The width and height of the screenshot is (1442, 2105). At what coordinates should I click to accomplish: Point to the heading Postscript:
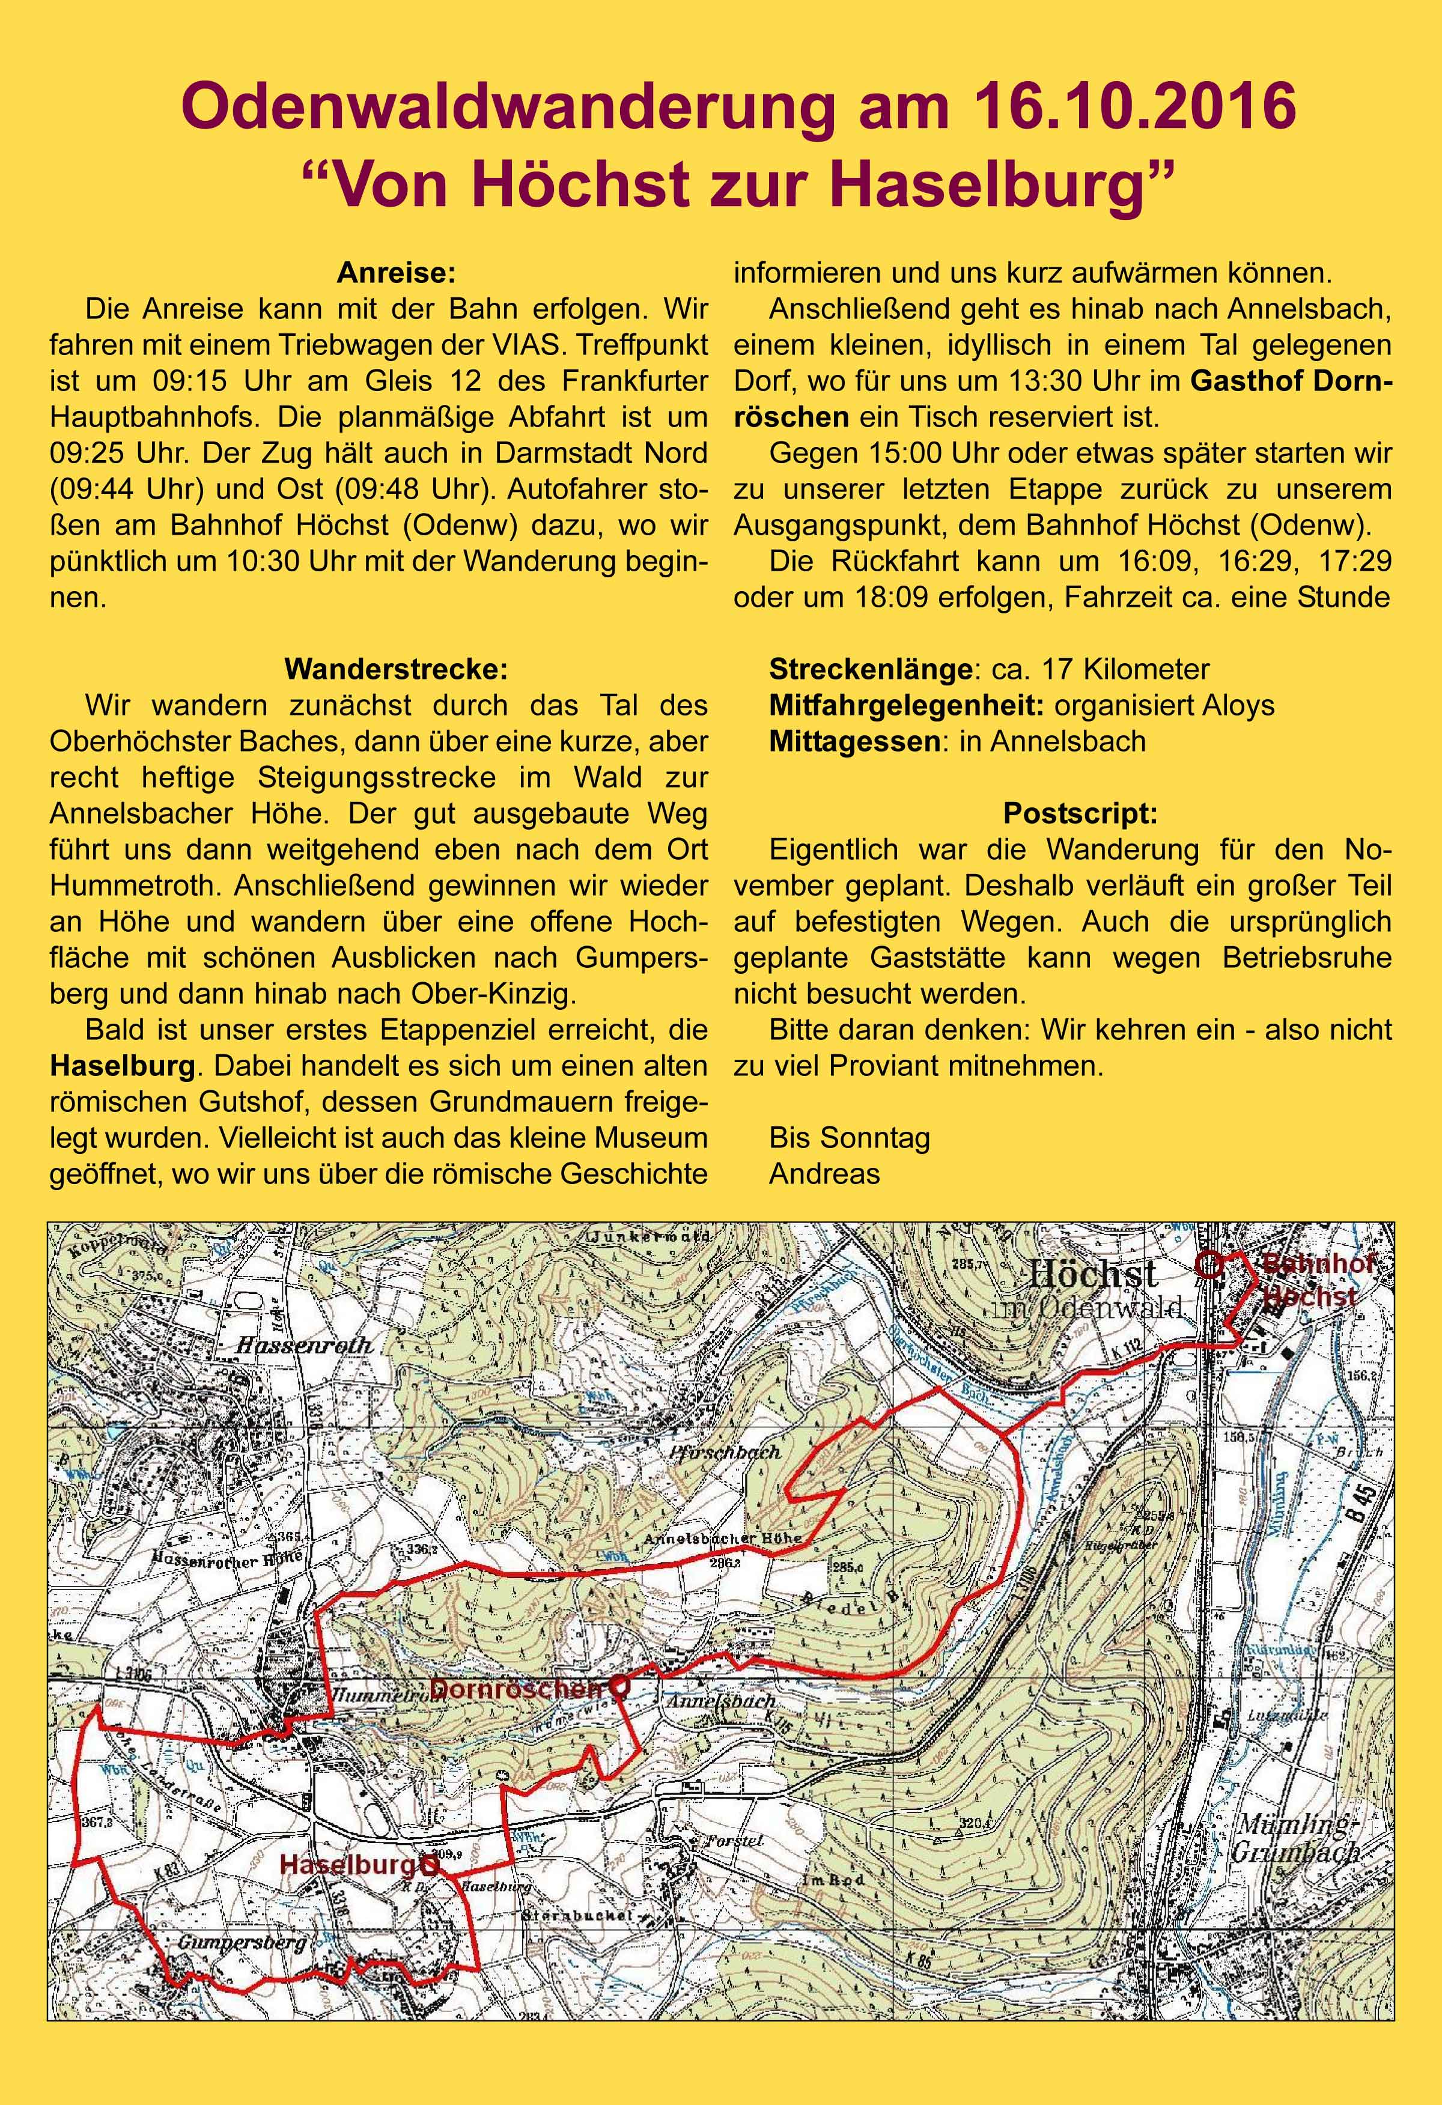(x=1080, y=814)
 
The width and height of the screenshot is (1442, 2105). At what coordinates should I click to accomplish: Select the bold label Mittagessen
(x=853, y=742)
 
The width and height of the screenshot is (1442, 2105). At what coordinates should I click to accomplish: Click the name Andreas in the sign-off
(x=824, y=1174)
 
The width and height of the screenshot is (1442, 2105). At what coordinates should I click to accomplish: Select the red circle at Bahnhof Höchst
(x=1208, y=1265)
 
